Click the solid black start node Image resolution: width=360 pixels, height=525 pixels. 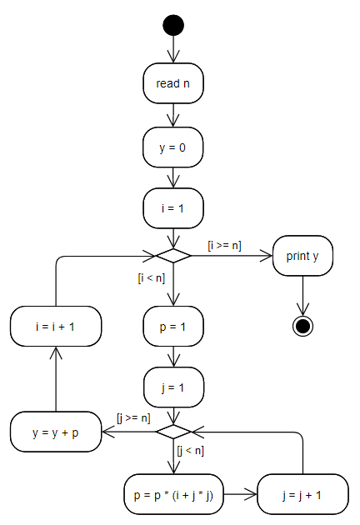coord(173,25)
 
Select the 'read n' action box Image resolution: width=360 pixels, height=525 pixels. coord(173,83)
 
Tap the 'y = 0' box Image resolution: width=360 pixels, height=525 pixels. coord(172,147)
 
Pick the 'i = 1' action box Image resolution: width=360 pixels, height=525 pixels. coord(173,208)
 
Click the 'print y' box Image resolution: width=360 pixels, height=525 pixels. coord(302,256)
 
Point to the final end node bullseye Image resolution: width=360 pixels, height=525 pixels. coord(302,326)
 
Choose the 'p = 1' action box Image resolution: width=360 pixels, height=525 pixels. coord(173,327)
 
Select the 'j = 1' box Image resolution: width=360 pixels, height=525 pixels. coord(173,387)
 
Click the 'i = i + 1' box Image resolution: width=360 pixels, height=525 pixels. coord(56,327)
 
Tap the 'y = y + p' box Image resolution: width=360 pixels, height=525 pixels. coord(56,432)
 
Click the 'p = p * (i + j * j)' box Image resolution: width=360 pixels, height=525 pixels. coord(173,494)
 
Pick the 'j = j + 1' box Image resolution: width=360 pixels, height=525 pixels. coord(302,494)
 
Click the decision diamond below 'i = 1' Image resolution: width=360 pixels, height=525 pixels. coord(173,256)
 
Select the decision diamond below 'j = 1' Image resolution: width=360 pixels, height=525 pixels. coord(173,432)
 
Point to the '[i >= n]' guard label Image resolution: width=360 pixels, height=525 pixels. coord(224,246)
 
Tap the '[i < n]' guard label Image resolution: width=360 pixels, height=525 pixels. coord(152,277)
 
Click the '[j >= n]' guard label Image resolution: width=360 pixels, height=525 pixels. coord(133,418)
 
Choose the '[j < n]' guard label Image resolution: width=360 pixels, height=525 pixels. coord(190,451)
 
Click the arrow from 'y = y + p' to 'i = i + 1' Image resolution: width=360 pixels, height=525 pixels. coord(56,379)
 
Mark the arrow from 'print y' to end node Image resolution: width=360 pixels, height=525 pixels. coord(302,296)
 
